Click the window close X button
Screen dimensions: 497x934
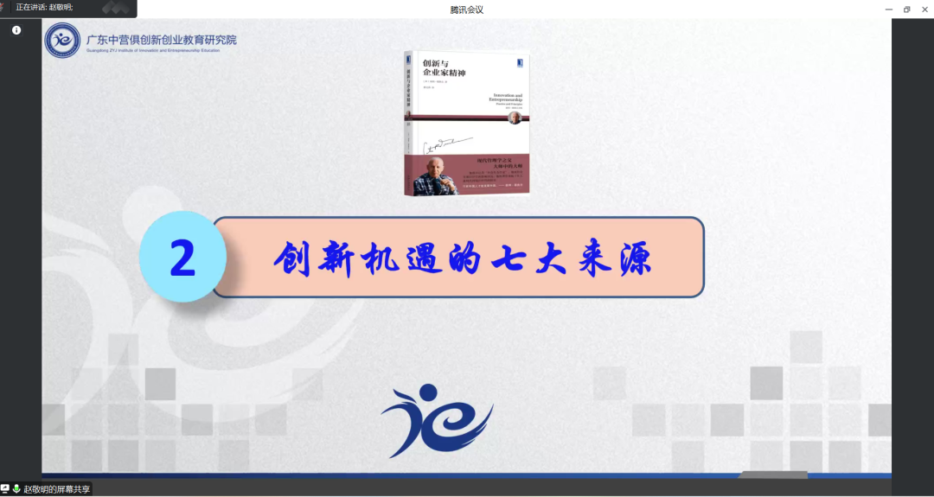(924, 10)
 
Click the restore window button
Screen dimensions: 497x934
(907, 10)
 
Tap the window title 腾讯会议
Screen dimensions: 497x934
(467, 10)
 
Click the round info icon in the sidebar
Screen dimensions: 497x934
(16, 30)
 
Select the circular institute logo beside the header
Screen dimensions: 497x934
(62, 41)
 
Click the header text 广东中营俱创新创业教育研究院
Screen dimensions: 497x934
(162, 39)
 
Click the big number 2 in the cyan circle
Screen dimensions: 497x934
(182, 257)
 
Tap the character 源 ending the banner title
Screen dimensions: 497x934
(633, 258)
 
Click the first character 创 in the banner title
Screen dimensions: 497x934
(294, 258)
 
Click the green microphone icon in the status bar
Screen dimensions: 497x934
(16, 489)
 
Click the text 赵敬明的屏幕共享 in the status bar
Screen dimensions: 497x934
(56, 489)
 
